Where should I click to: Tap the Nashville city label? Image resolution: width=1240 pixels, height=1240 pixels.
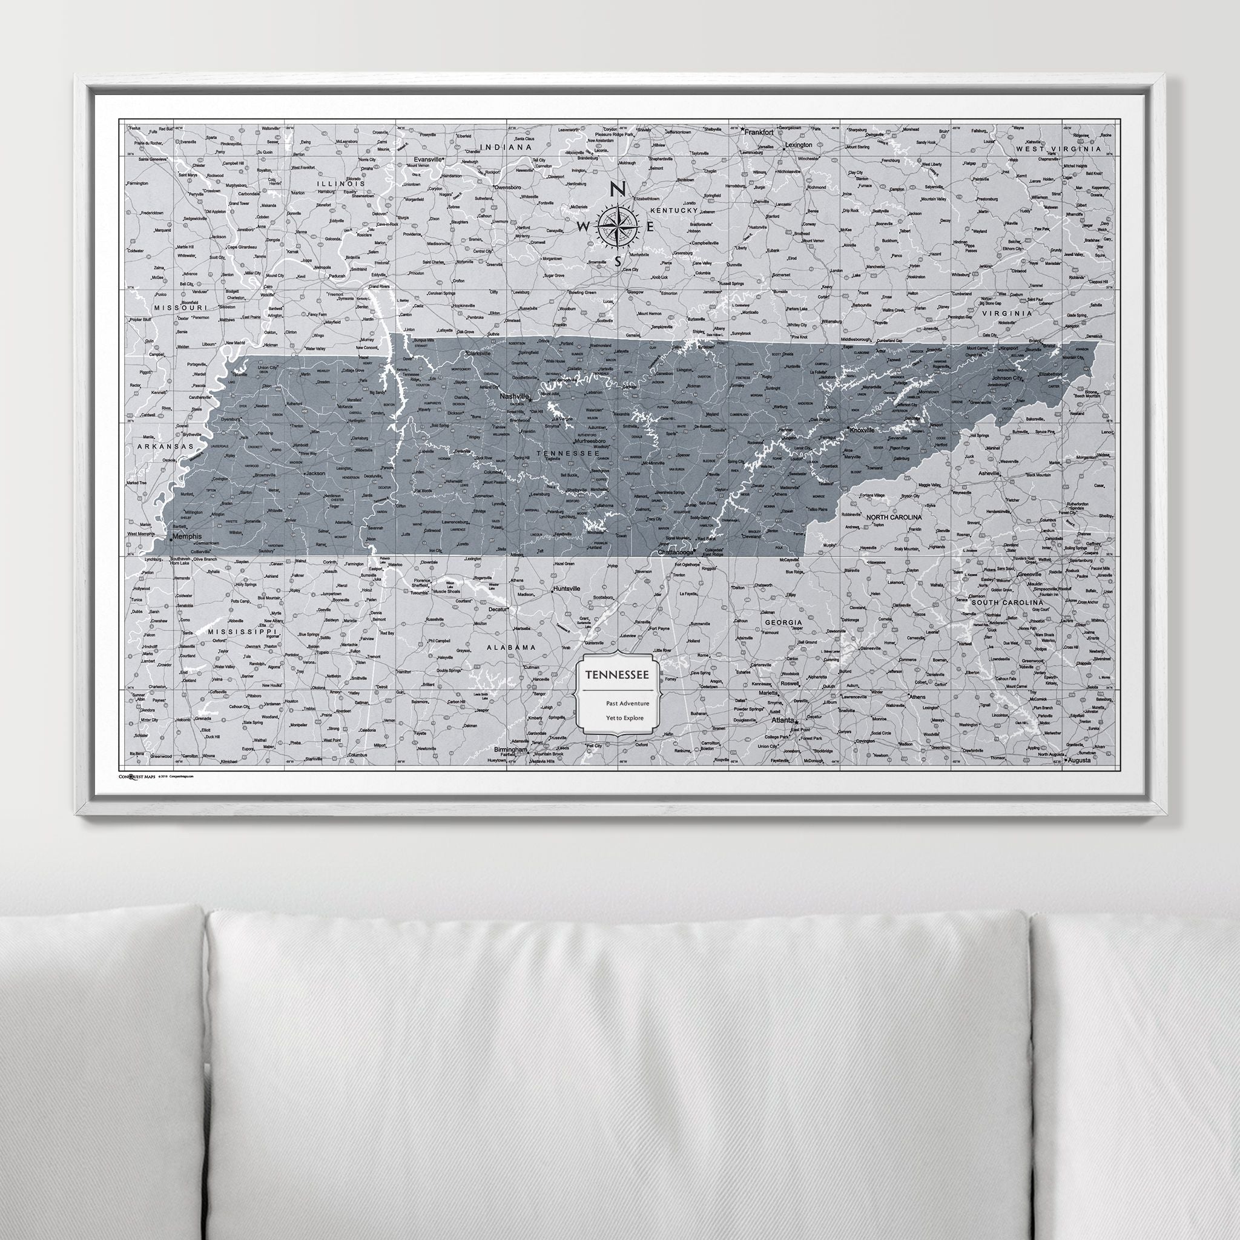[513, 397]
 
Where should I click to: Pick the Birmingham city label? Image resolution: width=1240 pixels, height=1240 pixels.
[510, 750]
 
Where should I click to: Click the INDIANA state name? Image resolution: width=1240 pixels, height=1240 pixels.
[510, 147]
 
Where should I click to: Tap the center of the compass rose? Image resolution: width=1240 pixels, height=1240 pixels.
[617, 226]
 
